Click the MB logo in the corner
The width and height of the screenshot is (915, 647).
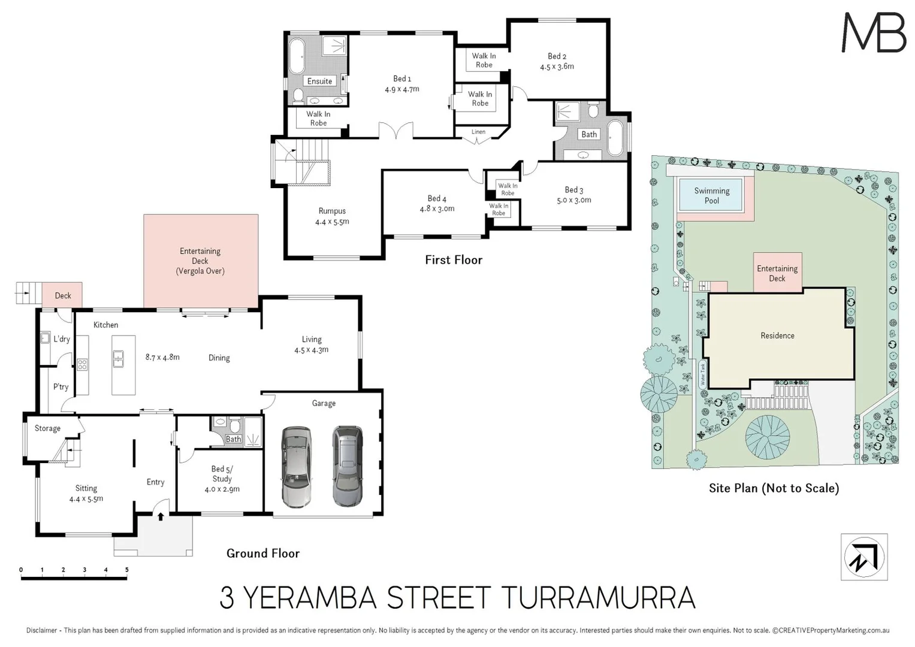[874, 32]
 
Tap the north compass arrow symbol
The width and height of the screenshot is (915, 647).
[863, 557]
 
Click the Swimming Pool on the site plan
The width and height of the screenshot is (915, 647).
[711, 195]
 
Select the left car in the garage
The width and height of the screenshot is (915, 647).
[296, 467]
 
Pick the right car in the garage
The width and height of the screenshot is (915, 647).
[348, 466]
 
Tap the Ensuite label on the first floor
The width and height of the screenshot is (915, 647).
[319, 81]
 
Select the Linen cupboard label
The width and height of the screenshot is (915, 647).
[478, 132]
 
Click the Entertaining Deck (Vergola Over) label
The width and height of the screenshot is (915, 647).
[200, 261]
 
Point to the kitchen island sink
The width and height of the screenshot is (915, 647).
[119, 359]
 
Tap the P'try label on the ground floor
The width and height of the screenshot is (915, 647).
[61, 386]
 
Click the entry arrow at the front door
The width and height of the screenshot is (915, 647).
[161, 516]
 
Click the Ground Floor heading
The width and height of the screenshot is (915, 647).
[263, 554]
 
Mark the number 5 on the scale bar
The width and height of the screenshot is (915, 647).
[126, 570]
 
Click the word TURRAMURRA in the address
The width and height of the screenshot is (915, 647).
[597, 598]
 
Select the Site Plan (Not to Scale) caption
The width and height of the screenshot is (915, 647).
[774, 488]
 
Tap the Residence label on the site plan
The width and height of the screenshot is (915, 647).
[777, 335]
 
